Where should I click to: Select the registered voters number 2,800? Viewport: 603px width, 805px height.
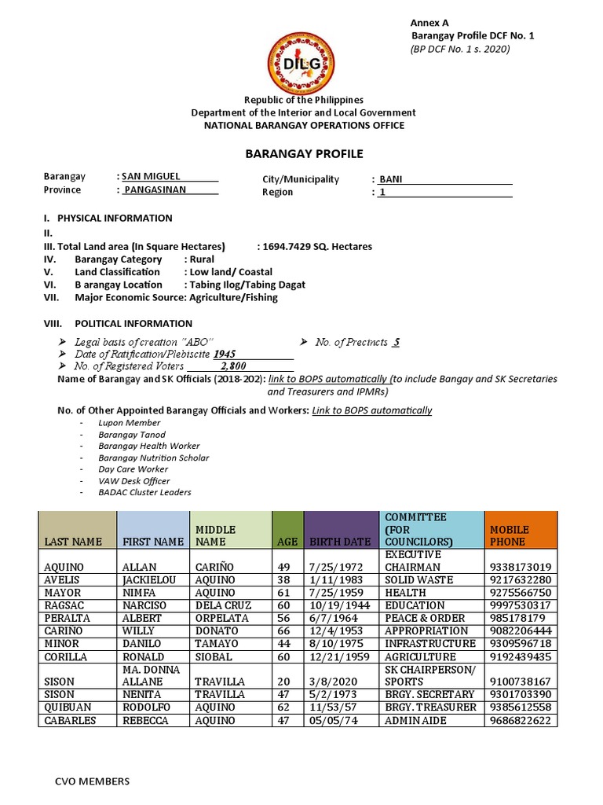[x=233, y=366]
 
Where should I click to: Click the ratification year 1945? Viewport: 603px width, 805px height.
[x=225, y=354]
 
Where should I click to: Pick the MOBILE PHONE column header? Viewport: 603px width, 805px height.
[x=510, y=535]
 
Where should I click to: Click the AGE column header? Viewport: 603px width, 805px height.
[x=287, y=542]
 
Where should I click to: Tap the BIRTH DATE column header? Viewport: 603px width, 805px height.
[x=340, y=542]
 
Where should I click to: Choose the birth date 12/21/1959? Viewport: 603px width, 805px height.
[x=339, y=656]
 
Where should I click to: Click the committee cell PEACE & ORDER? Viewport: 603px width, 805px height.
[x=425, y=618]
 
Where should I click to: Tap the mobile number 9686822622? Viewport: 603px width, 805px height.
[x=519, y=720]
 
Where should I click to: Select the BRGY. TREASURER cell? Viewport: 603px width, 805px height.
[x=430, y=708]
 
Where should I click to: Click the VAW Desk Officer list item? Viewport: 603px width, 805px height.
[x=133, y=480]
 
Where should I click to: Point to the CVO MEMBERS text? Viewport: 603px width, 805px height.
[x=91, y=781]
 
